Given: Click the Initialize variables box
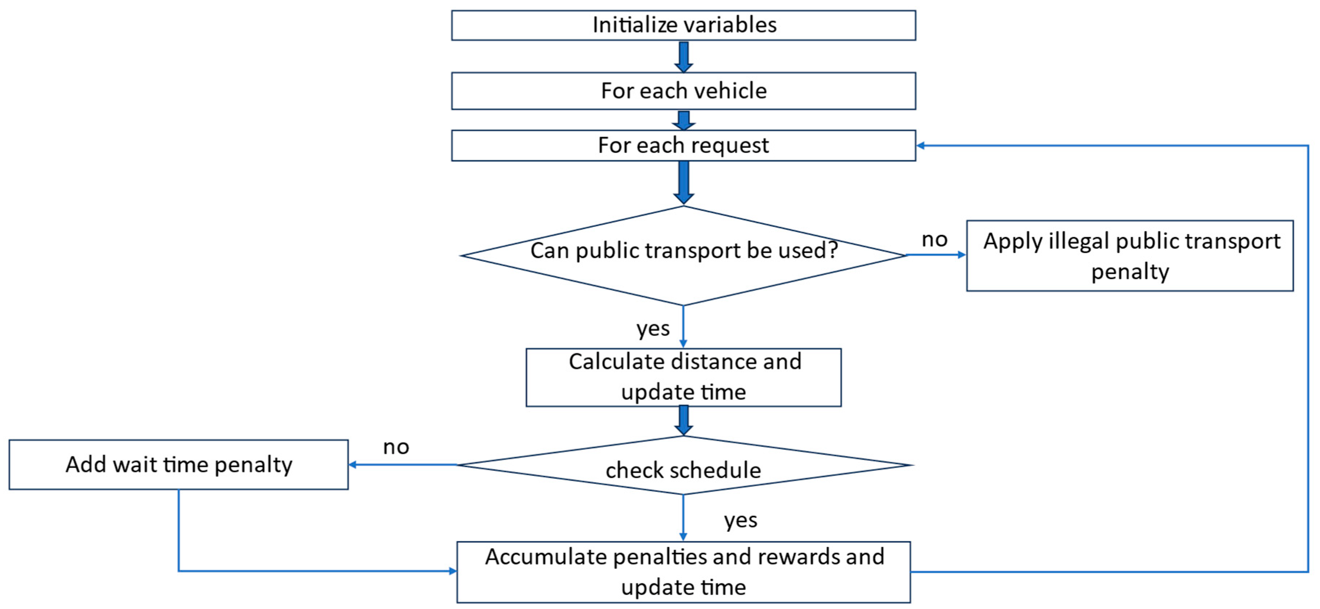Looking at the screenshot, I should coord(683,25).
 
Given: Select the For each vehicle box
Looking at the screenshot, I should coord(683,91).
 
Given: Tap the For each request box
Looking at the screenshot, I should coord(683,145).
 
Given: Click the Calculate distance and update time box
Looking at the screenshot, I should coord(683,377).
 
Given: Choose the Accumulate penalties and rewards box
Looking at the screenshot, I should coord(683,572).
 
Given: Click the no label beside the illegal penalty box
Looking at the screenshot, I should coord(934,240).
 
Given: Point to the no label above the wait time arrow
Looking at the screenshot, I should coord(396,447).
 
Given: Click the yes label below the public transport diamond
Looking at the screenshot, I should coord(653,328).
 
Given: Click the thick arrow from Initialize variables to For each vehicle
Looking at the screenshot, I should coord(684,56).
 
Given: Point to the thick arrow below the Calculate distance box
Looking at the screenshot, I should coord(684,420).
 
